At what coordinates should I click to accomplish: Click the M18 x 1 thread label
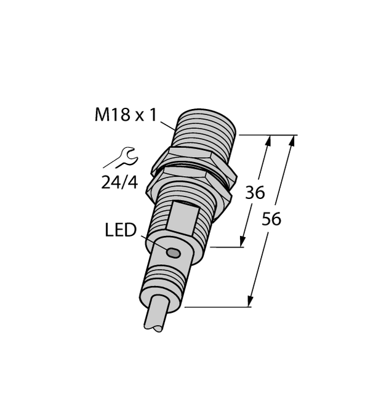point(126,115)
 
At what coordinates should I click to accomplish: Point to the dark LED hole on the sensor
point(174,253)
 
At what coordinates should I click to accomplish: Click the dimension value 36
point(254,193)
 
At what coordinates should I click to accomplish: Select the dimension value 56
point(271,219)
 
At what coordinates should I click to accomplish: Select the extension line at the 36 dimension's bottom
point(228,248)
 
